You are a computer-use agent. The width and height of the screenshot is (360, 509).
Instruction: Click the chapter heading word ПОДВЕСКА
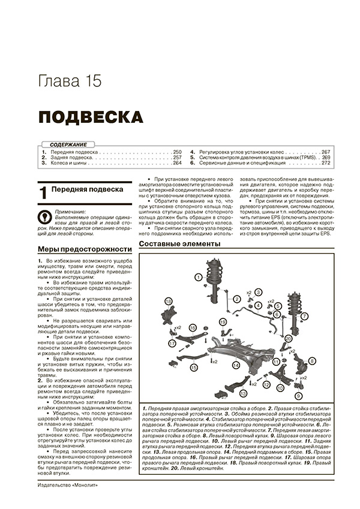coord(91,116)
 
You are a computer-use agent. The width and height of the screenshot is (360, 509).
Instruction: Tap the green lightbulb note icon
coord(44,215)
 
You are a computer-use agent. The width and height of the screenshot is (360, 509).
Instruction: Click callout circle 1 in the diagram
coord(197,276)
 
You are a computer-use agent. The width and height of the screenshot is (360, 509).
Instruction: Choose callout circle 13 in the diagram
coord(243,393)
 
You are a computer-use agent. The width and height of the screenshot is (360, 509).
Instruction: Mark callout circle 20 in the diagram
coord(289,339)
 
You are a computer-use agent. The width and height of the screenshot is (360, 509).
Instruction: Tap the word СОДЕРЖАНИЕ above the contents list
coord(68,144)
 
